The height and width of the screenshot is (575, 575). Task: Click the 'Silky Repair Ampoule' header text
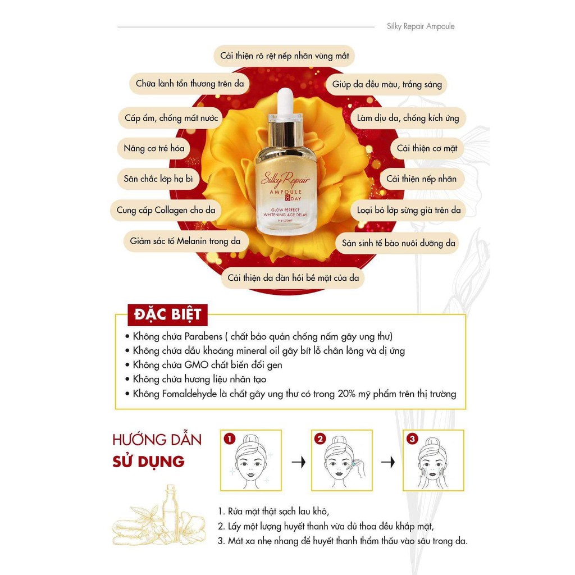[421, 26]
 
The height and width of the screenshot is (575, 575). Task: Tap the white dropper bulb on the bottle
[286, 100]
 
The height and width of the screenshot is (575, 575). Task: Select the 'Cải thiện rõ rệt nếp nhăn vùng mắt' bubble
[285, 56]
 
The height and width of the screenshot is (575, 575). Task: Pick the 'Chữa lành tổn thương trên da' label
[190, 84]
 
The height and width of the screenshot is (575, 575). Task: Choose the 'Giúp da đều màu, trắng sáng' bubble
[387, 85]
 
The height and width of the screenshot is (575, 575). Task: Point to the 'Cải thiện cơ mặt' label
[427, 149]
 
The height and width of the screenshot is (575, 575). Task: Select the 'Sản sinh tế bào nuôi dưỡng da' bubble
[400, 243]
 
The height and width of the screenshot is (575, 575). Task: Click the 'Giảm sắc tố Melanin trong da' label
[185, 241]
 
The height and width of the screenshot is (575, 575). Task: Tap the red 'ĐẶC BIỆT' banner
[168, 314]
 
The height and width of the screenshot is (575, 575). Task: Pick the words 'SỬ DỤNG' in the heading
[148, 462]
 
